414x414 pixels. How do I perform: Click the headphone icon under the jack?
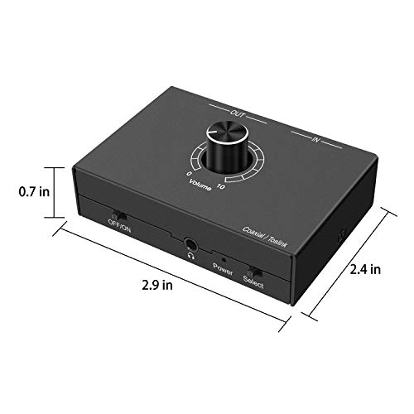(x=191, y=255)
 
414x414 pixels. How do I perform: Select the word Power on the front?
(x=221, y=267)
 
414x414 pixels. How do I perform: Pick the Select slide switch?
(x=253, y=270)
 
